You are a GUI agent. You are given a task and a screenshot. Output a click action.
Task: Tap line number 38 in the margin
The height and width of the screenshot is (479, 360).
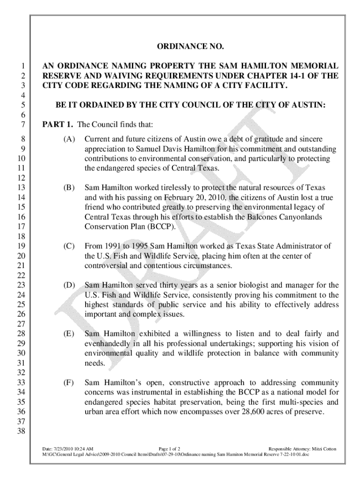tap(21, 431)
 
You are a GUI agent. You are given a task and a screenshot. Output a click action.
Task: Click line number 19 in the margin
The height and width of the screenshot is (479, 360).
tap(21, 246)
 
